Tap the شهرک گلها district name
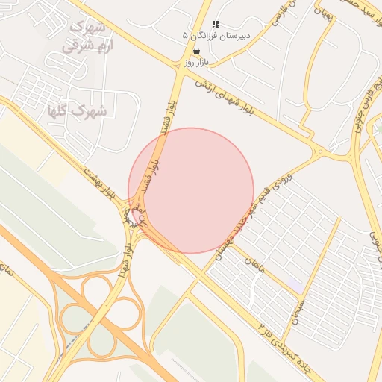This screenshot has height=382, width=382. pyautogui.click(x=78, y=111)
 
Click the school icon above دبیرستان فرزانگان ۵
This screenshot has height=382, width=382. pyautogui.click(x=216, y=25)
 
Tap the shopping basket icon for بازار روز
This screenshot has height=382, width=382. pyautogui.click(x=196, y=51)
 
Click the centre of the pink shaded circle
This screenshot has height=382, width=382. pyautogui.click(x=191, y=190)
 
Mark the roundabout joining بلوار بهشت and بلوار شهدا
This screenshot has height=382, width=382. pyautogui.click(x=137, y=217)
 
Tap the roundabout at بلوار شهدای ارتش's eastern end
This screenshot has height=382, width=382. pyautogui.click(x=320, y=153)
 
